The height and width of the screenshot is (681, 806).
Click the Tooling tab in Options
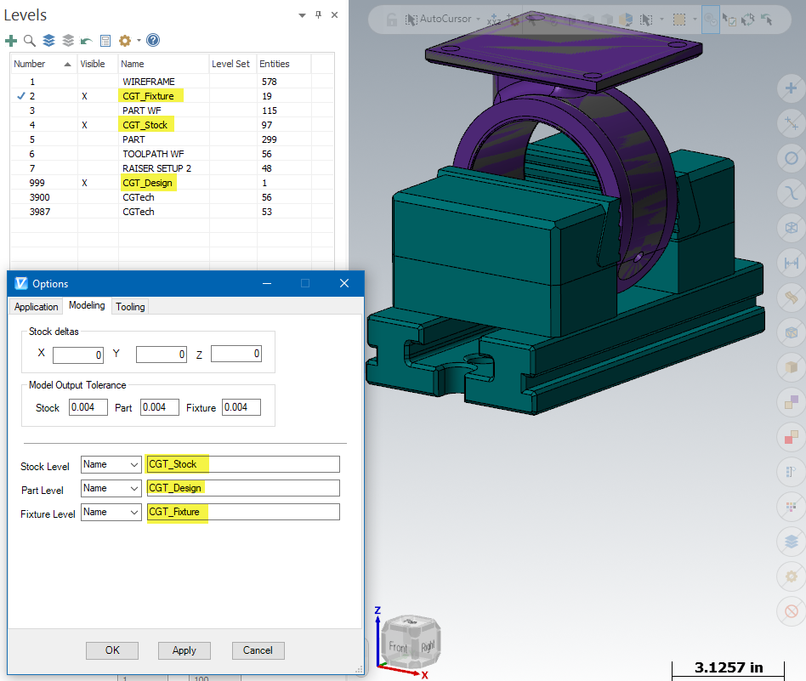[x=130, y=306]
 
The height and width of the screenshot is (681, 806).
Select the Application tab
[x=36, y=306]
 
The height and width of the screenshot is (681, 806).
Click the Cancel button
[x=258, y=650]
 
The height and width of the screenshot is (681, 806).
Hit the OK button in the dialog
[x=112, y=650]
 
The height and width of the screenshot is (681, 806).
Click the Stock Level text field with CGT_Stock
[x=243, y=464]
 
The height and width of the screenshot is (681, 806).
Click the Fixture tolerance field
[x=241, y=407]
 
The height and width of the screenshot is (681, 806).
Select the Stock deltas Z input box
[x=236, y=354]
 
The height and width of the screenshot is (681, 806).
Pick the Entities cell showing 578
[x=269, y=82]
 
